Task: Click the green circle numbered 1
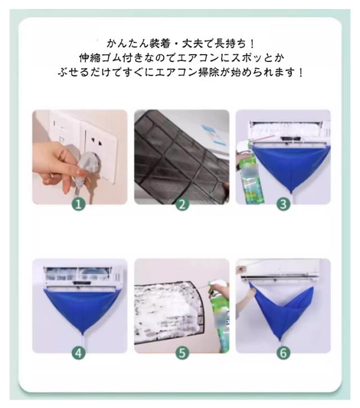(79, 204)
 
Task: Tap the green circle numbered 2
(182, 204)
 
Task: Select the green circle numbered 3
(283, 204)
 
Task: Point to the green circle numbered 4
(79, 353)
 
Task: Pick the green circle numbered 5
(182, 353)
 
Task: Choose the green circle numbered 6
(283, 353)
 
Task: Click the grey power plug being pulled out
(88, 167)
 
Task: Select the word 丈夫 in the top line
(192, 44)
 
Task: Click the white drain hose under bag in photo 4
(82, 342)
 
